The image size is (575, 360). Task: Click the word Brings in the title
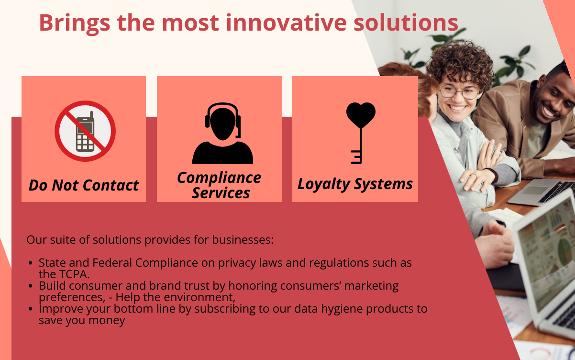(75, 23)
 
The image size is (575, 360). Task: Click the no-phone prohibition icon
(85, 131)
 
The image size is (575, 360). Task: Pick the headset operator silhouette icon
(222, 133)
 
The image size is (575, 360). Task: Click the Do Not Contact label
(84, 185)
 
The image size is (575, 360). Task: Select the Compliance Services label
(220, 185)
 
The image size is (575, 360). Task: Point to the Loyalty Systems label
(355, 184)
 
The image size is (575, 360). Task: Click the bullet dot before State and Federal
(31, 263)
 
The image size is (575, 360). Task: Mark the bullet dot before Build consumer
(31, 286)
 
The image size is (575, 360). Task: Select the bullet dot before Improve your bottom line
(31, 309)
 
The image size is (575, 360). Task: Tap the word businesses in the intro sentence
(243, 240)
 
